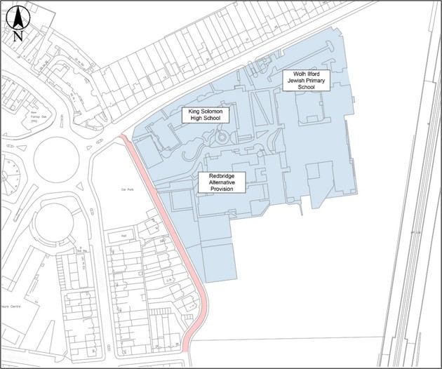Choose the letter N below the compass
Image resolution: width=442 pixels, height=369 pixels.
coord(18,35)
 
